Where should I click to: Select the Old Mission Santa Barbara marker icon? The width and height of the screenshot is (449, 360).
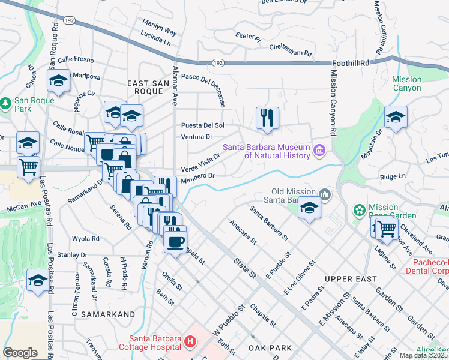[325, 194]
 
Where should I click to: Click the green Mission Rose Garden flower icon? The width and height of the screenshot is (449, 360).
[360, 210]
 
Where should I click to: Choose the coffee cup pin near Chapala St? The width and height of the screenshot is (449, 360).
[175, 241]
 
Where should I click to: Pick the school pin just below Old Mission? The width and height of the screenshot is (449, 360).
[309, 208]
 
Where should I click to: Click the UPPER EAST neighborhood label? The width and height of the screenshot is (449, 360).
[351, 279]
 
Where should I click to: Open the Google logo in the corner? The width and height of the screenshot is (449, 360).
[20, 353]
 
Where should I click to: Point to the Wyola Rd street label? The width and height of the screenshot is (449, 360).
[86, 238]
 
